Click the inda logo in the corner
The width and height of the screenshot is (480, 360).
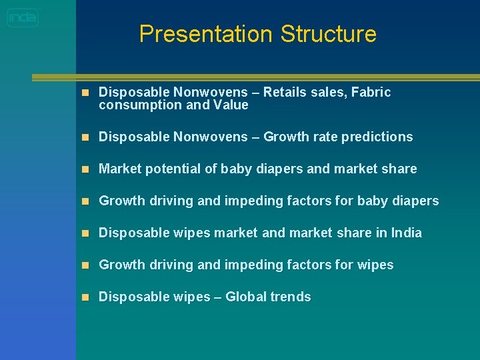(23, 17)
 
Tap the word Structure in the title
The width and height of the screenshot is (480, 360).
(328, 34)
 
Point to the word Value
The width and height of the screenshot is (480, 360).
(231, 105)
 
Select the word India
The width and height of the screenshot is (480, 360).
(407, 233)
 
